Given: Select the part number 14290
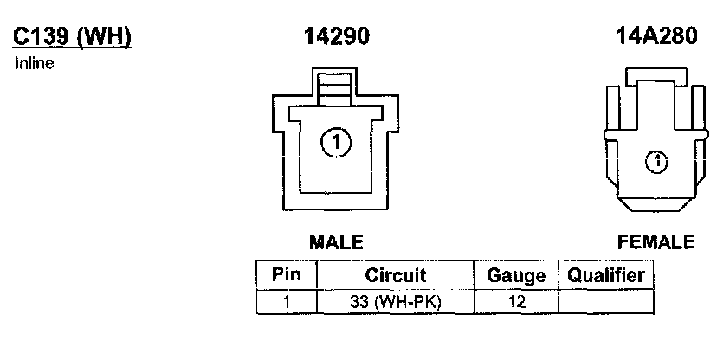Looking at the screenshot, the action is (x=336, y=37).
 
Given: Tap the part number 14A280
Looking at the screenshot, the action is (x=656, y=37).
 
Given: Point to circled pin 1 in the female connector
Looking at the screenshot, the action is (x=657, y=160).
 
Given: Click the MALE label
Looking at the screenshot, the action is (x=336, y=241).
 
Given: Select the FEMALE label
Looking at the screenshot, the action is (x=656, y=241).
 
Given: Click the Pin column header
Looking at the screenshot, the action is (x=287, y=276).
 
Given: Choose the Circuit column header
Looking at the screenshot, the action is (x=395, y=276).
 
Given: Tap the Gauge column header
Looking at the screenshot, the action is (x=516, y=276).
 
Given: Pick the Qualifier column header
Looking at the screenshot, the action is (x=606, y=276).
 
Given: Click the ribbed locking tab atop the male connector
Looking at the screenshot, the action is (x=335, y=89).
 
